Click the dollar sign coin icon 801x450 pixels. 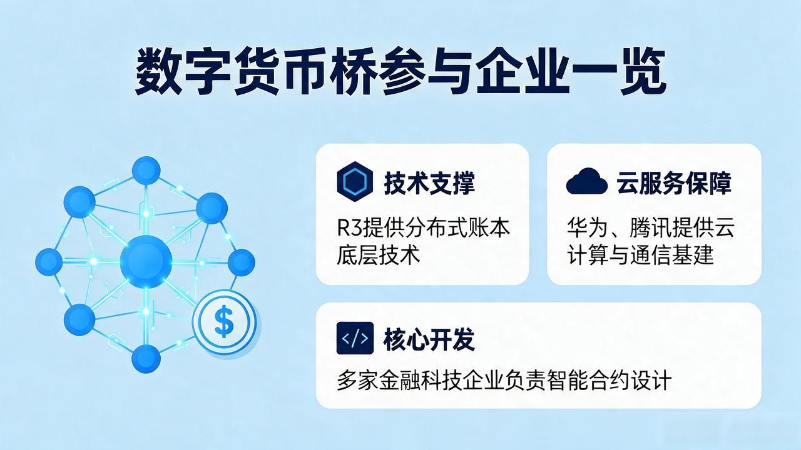[225, 322]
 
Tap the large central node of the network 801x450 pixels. [146, 261]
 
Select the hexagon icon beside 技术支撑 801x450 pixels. [355, 181]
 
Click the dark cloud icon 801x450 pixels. [587, 181]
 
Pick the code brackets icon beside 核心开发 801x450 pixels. [355, 338]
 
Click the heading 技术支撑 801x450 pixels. [429, 183]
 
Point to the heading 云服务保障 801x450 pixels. [674, 183]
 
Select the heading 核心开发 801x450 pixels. [429, 339]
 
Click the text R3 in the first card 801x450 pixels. [350, 227]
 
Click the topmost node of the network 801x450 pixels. [146, 171]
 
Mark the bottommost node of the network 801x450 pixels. [146, 359]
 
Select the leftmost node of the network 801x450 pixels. [49, 262]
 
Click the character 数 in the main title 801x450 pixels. [158, 72]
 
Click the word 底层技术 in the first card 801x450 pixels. [379, 256]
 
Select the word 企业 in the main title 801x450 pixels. [523, 72]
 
